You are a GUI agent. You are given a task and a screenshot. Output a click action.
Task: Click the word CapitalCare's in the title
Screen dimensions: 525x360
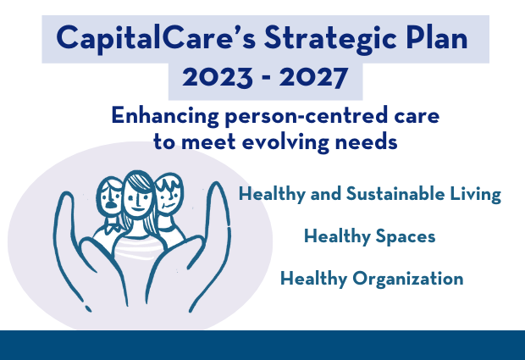pyautogui.click(x=156, y=38)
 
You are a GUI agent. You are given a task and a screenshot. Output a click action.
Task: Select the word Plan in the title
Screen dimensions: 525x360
pyautogui.click(x=437, y=37)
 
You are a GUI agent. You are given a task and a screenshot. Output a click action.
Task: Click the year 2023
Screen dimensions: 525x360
pyautogui.click(x=218, y=77)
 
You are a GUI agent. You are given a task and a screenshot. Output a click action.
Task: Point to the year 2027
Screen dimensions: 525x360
pyautogui.click(x=313, y=77)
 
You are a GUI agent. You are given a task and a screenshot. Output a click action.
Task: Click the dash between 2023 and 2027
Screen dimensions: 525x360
pyautogui.click(x=266, y=78)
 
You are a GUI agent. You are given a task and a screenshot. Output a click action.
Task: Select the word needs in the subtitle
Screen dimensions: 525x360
pyautogui.click(x=367, y=141)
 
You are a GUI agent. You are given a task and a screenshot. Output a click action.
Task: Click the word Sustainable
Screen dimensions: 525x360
pyautogui.click(x=395, y=194)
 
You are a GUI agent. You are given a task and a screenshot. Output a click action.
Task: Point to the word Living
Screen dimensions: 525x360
pyautogui.click(x=475, y=195)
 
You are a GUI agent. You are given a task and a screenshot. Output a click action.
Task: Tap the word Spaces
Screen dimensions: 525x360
pyautogui.click(x=406, y=237)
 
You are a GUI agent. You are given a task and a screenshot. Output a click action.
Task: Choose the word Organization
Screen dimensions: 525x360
pyautogui.click(x=408, y=279)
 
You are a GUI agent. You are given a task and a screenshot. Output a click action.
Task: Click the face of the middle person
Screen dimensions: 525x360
pyautogui.click(x=138, y=198)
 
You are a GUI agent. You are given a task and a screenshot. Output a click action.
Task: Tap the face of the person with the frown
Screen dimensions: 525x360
pyautogui.click(x=110, y=197)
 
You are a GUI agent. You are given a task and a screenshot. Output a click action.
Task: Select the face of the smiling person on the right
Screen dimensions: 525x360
pyautogui.click(x=169, y=195)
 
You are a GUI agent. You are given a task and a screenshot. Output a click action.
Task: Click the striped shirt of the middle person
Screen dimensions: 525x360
pyautogui.click(x=139, y=248)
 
